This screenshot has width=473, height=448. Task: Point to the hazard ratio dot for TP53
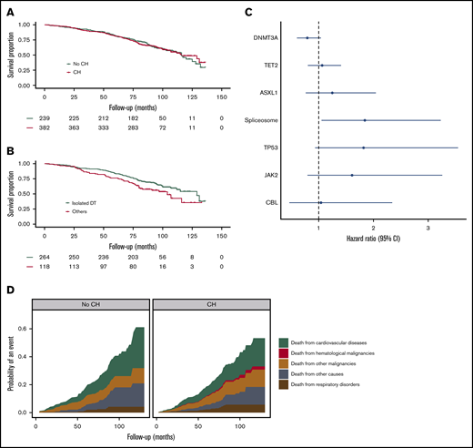click(x=363, y=148)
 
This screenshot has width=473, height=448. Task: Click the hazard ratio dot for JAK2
click(x=352, y=175)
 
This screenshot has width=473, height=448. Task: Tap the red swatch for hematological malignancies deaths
click(x=285, y=352)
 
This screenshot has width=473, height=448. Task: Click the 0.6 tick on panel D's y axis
click(x=25, y=328)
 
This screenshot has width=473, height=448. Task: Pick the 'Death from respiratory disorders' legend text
click(x=335, y=385)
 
